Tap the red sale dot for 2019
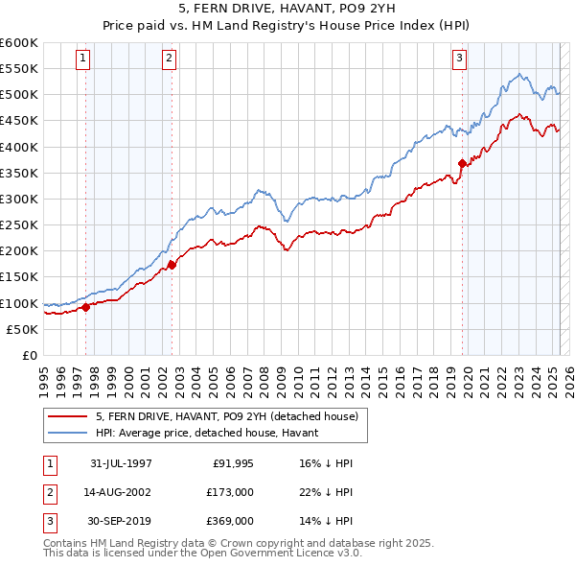coord(462,163)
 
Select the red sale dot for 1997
coord(86,307)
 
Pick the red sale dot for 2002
coord(172,265)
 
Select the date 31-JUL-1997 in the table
coord(122,463)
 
